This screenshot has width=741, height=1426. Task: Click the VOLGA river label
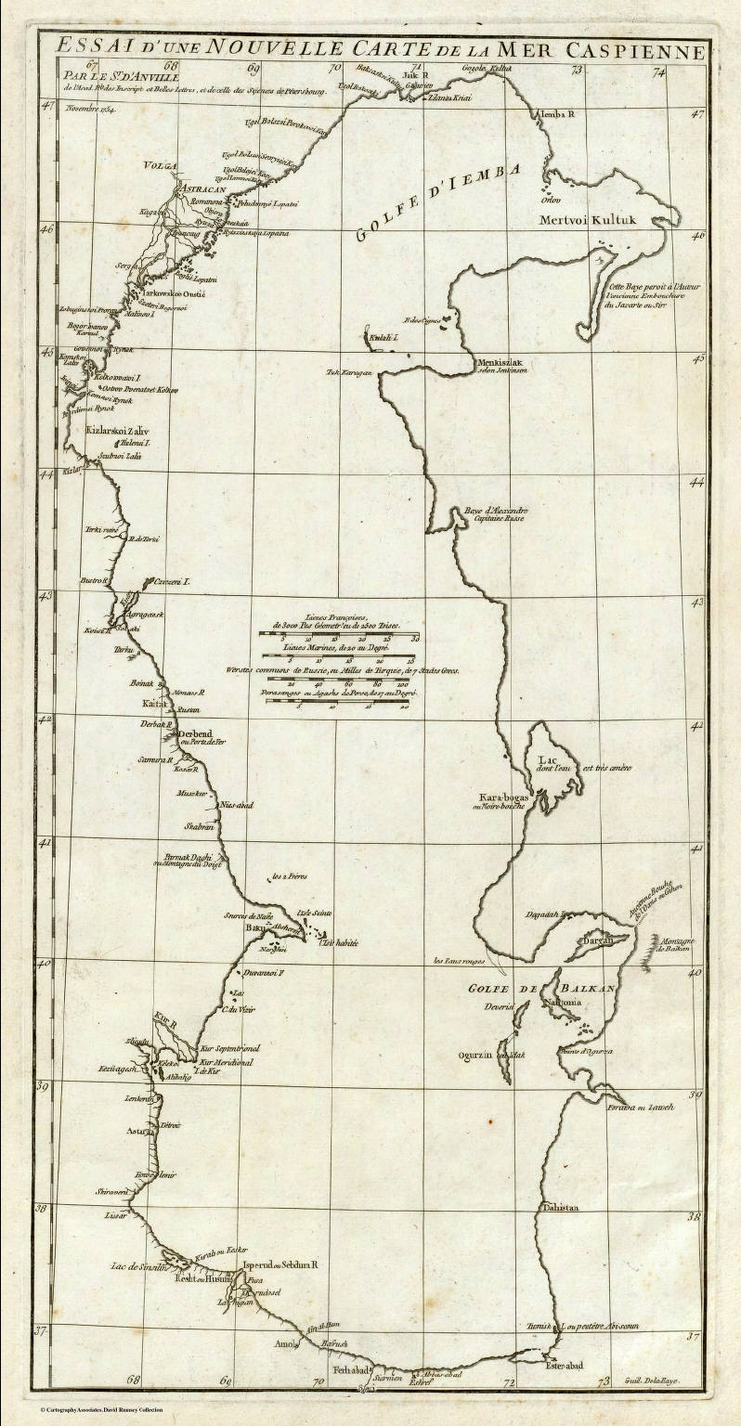[158, 166]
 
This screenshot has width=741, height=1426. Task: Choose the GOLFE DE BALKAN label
[541, 990]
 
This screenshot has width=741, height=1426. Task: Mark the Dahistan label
[560, 1208]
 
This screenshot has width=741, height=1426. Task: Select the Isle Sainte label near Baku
[313, 914]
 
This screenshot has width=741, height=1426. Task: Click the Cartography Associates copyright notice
[101, 1409]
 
